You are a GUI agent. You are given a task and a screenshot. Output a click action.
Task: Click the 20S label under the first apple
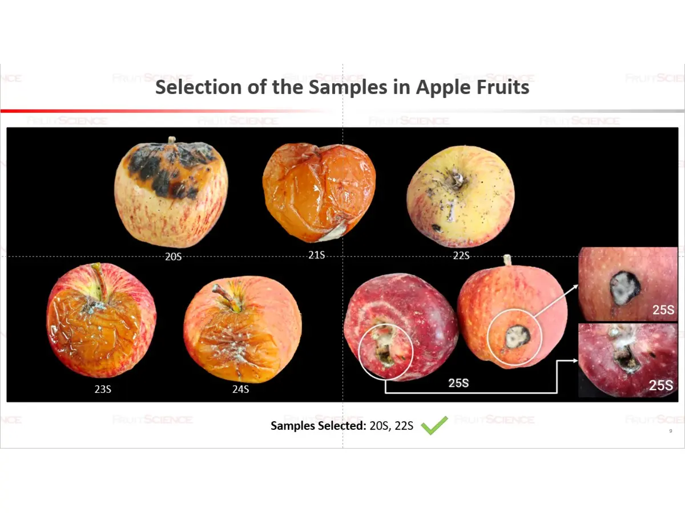pos(173,256)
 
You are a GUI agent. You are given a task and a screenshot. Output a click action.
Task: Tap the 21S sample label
pos(316,255)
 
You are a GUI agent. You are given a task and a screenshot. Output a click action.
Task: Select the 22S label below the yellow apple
pos(461,256)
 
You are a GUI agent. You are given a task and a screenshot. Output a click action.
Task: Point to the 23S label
pos(103,389)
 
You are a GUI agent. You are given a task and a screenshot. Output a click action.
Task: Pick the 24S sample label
pos(241,389)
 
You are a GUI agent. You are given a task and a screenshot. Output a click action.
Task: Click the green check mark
pos(434,425)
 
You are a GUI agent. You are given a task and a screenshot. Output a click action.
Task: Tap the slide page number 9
pos(671,431)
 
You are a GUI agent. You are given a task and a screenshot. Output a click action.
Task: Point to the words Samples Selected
pos(319,425)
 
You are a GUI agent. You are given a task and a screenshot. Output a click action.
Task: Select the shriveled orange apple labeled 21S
pos(319,192)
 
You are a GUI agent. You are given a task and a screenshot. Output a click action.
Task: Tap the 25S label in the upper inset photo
pos(663,310)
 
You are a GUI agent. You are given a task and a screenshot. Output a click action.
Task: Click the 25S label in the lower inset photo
pos(661,385)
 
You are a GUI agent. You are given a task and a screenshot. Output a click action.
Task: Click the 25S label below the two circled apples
pos(458,383)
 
